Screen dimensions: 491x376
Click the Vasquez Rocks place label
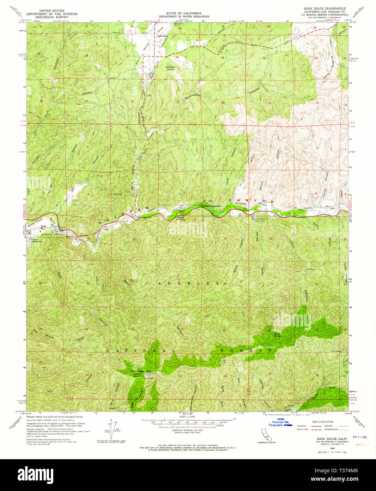point(170,68)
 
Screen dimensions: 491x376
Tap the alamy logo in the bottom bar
point(35,474)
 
